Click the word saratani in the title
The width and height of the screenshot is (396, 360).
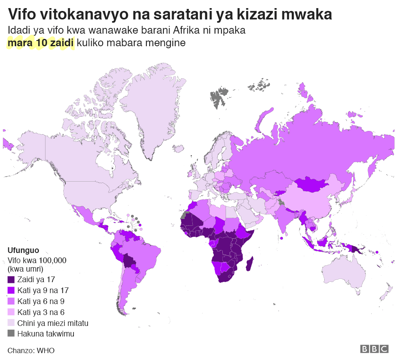180,15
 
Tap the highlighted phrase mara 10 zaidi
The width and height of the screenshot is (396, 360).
41,43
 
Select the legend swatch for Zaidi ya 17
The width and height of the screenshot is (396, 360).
11,279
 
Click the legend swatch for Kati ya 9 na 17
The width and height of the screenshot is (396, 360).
11,290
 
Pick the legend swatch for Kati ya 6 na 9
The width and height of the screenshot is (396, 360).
11,301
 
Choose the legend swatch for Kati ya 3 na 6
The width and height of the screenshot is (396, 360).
11,312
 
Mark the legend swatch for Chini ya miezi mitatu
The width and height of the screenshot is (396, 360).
11,323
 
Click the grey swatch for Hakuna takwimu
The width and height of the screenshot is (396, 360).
11,334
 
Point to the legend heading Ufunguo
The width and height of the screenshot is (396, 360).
23,251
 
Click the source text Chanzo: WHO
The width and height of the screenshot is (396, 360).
31,350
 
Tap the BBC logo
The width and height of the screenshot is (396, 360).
374,349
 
